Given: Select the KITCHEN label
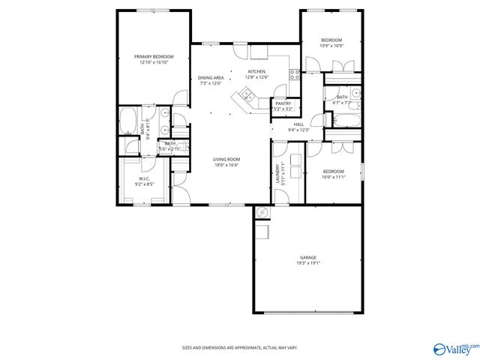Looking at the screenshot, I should click(x=257, y=72).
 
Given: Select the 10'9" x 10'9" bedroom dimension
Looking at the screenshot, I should click(x=331, y=46).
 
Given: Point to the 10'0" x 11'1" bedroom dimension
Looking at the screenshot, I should click(x=332, y=177).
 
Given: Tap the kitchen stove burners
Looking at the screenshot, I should click(x=296, y=73).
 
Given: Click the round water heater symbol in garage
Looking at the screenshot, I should click(x=261, y=214).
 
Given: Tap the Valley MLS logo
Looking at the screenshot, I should click(x=454, y=347).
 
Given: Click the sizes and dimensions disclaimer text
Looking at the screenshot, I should click(x=240, y=347).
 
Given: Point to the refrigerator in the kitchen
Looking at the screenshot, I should click(x=259, y=52).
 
